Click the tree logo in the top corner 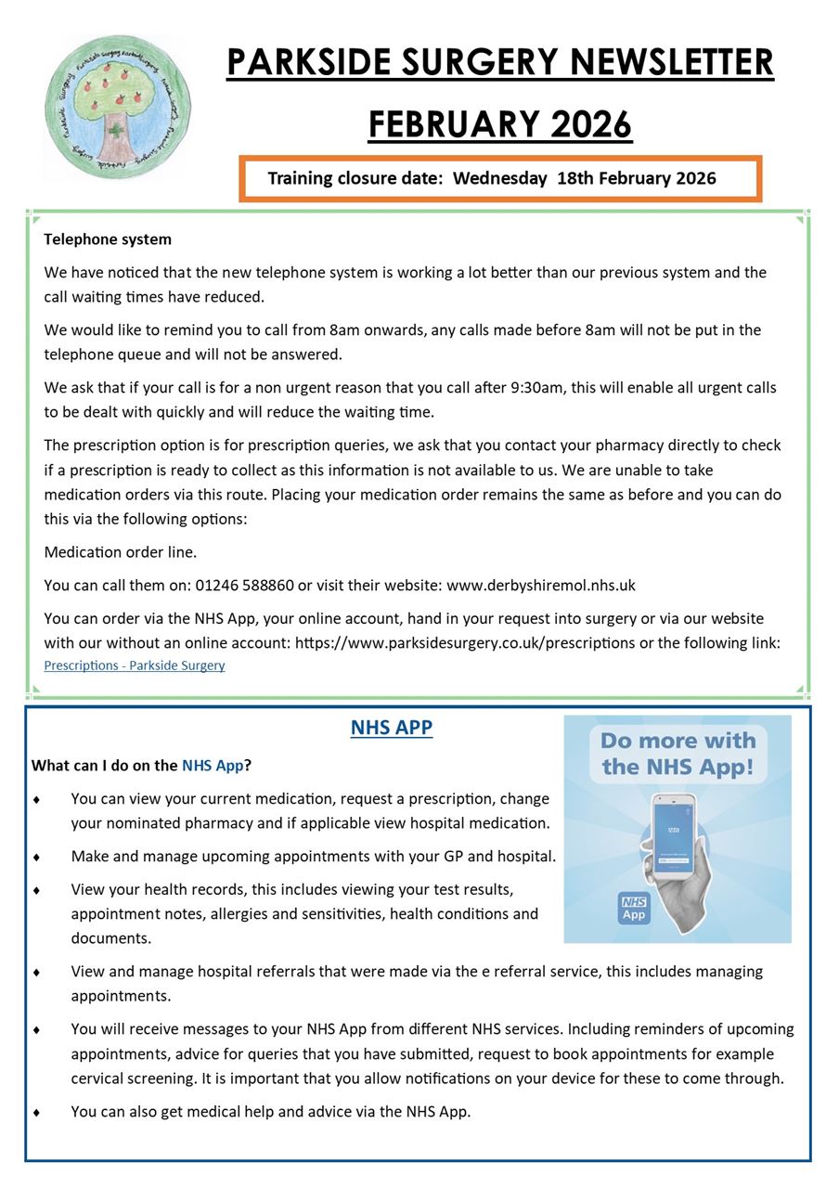pos(117,106)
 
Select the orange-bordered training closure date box pos(500,178)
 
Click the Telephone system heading pos(108,239)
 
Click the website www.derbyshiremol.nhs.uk pos(540,586)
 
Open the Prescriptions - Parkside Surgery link pos(135,665)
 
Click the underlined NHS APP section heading pos(392,728)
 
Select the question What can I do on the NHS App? pos(142,766)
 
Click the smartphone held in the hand pos(675,835)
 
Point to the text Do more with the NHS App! pos(678,754)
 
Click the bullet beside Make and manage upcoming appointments pos(36,857)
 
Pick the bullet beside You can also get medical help pos(36,1112)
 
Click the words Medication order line pos(121,552)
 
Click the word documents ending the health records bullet pos(110,937)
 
